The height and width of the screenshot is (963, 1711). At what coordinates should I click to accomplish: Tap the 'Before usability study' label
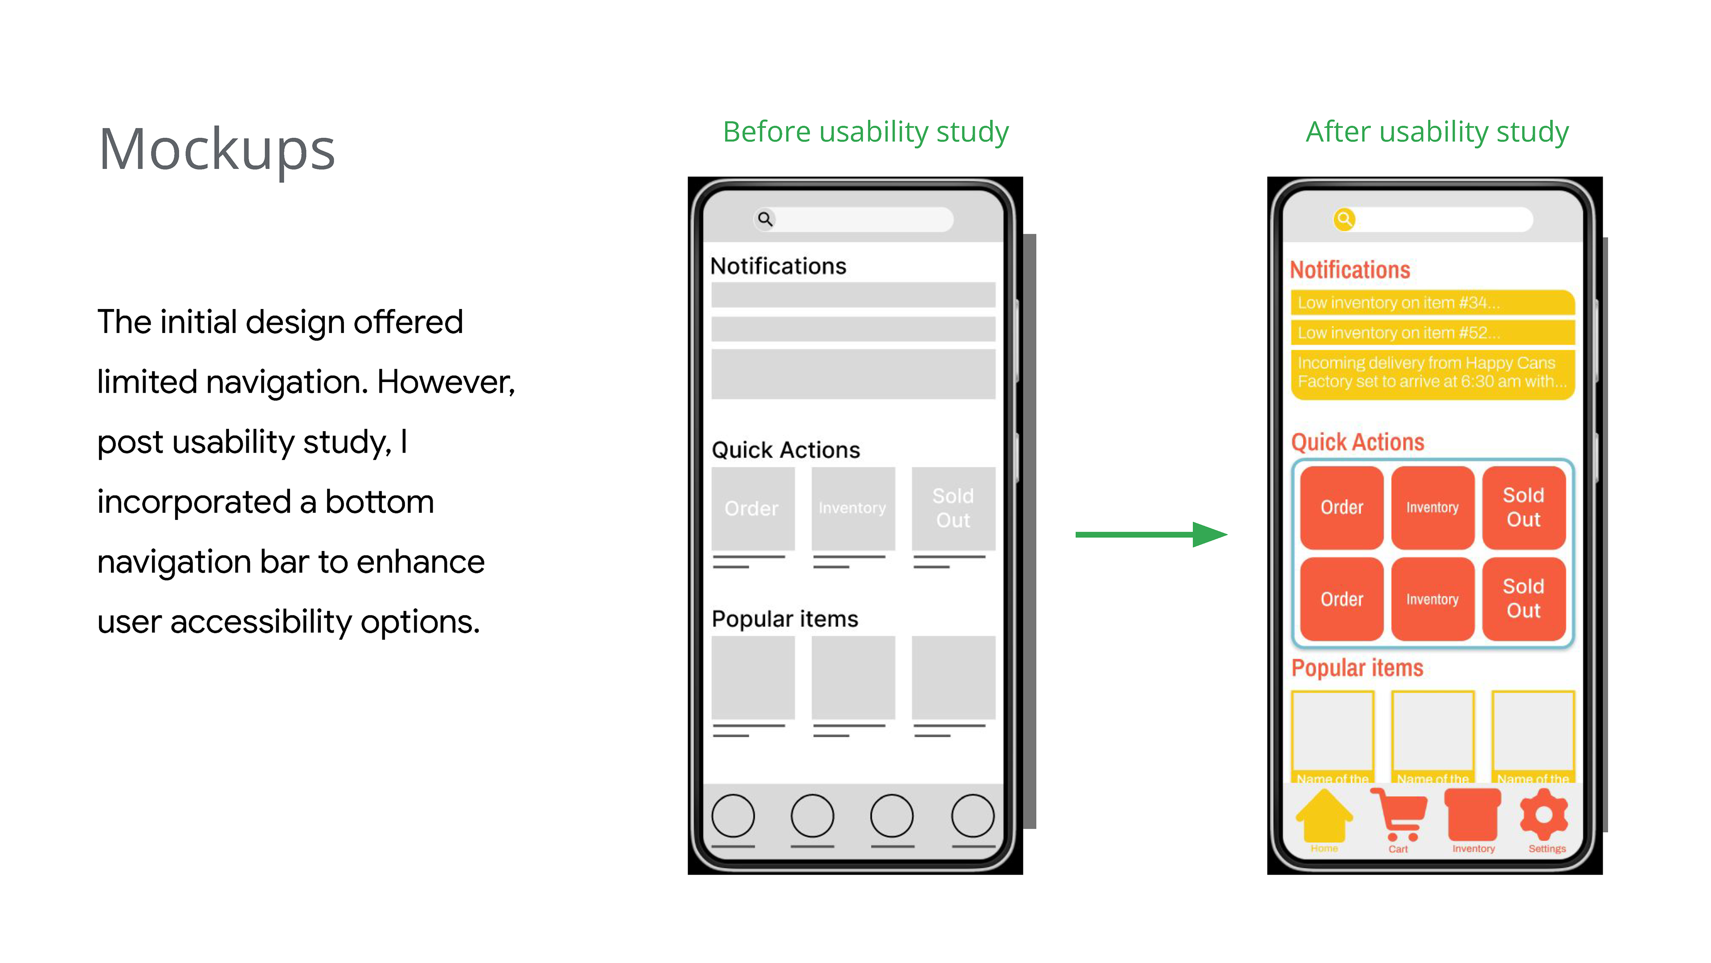(865, 132)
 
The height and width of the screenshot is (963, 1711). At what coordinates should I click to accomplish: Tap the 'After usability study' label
(1437, 132)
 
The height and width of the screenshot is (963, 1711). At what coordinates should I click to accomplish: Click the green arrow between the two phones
(1150, 535)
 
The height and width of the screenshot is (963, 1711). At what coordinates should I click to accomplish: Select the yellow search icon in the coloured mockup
(1344, 219)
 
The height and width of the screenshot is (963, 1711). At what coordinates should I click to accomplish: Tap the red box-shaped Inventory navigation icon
(1473, 815)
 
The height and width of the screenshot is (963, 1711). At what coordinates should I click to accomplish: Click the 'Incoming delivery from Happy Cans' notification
(1432, 372)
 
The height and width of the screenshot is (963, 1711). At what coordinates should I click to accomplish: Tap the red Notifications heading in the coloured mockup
(1350, 270)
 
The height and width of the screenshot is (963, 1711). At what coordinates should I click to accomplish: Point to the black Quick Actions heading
(786, 450)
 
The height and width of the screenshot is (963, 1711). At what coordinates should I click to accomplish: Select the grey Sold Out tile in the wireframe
(953, 508)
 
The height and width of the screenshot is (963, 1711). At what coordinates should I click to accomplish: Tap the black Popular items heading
(784, 619)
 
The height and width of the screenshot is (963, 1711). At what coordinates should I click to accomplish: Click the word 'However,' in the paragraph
(446, 382)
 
